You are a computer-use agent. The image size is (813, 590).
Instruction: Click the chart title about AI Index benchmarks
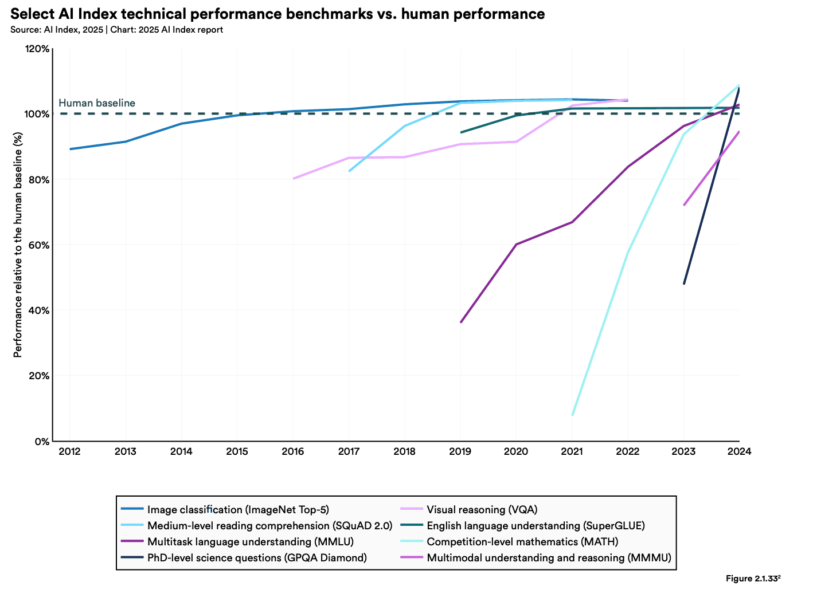click(277, 14)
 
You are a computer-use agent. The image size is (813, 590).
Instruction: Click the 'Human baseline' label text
click(97, 103)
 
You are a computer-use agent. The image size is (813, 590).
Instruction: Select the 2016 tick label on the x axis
click(292, 451)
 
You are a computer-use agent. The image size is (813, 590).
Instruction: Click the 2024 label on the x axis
click(739, 451)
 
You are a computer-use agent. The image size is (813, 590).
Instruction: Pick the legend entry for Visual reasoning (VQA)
click(482, 509)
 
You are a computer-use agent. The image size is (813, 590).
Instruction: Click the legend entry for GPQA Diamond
click(257, 557)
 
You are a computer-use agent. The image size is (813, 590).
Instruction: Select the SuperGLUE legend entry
click(536, 525)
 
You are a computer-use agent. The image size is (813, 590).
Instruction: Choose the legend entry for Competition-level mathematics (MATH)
click(522, 541)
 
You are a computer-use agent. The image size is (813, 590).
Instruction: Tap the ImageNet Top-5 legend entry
click(238, 509)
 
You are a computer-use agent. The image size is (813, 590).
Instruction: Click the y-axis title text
click(18, 245)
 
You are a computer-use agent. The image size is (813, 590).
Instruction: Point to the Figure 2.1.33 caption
click(753, 579)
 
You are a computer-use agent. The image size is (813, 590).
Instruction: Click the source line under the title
click(116, 30)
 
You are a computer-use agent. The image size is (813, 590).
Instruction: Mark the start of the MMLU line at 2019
click(460, 322)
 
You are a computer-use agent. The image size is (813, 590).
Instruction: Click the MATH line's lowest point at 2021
click(572, 415)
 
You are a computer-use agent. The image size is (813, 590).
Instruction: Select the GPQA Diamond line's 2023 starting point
click(684, 284)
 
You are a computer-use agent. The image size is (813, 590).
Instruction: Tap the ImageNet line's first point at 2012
click(70, 149)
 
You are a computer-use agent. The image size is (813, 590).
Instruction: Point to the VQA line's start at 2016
click(293, 179)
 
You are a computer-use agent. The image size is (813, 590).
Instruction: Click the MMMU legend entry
click(549, 557)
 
